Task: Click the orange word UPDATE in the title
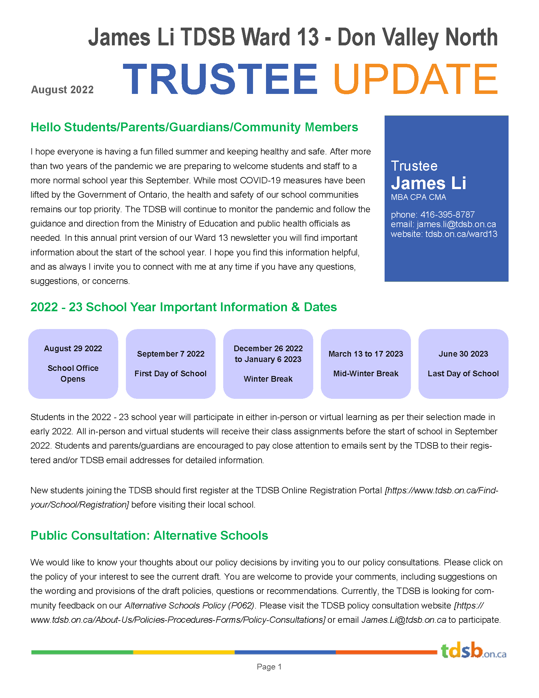click(x=415, y=80)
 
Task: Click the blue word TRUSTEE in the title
click(x=220, y=80)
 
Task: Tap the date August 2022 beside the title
click(x=62, y=90)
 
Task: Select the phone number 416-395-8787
click(x=447, y=214)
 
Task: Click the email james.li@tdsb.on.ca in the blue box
click(x=456, y=224)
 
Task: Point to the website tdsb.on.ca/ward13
click(x=461, y=234)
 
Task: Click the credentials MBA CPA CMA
click(x=418, y=197)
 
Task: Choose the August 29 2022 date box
click(x=73, y=364)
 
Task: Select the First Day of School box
click(x=171, y=364)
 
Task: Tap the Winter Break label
click(x=268, y=379)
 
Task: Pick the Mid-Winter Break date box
click(x=366, y=364)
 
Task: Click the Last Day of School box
click(x=463, y=364)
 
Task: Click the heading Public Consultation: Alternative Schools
click(x=149, y=535)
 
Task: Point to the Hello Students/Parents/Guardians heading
click(x=194, y=127)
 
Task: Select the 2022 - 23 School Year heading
click(x=184, y=307)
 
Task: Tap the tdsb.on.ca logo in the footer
click(x=473, y=651)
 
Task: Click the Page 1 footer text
click(x=269, y=667)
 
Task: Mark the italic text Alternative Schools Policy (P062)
click(x=189, y=605)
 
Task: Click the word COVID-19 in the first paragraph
click(x=260, y=181)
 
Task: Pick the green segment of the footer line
click(x=82, y=652)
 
